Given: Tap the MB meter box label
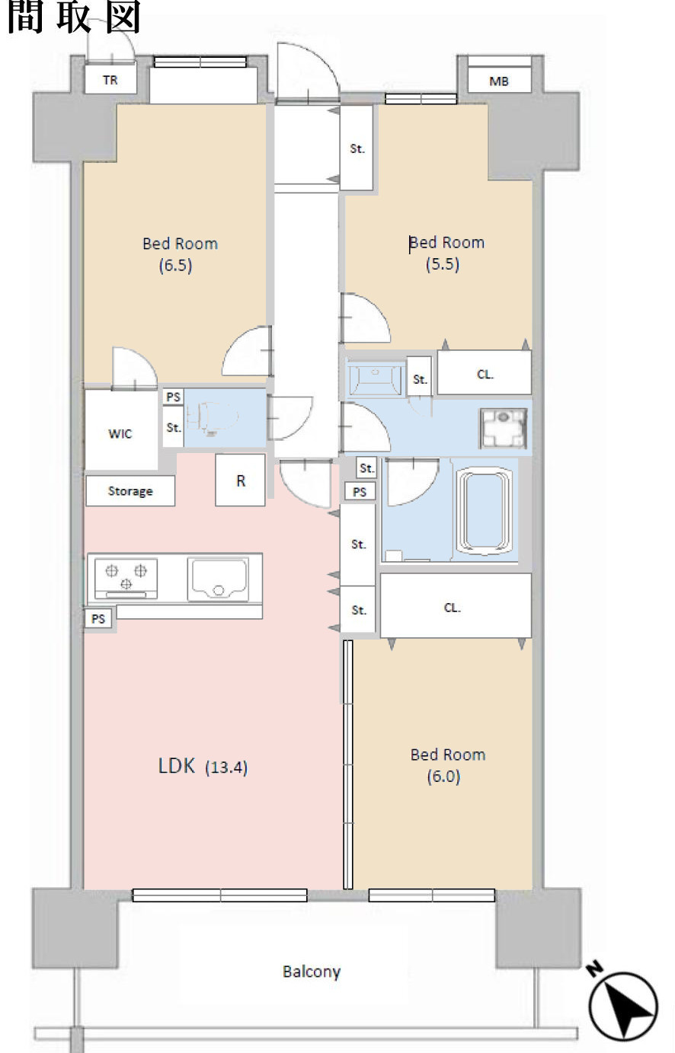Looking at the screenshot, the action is pyautogui.click(x=499, y=81).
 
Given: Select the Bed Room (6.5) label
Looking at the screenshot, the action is pyautogui.click(x=179, y=254).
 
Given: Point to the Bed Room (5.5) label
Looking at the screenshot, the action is pyautogui.click(x=446, y=253).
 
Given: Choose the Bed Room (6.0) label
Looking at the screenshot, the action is pyautogui.click(x=447, y=765).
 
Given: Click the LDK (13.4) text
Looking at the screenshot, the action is pyautogui.click(x=203, y=766).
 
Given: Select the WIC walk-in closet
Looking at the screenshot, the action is pyautogui.click(x=121, y=429).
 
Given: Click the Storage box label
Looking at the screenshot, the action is pyautogui.click(x=130, y=491).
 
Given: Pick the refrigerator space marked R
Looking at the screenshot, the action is pyautogui.click(x=241, y=480).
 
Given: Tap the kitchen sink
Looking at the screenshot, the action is pyautogui.click(x=218, y=579).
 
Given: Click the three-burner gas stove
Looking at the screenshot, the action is pyautogui.click(x=126, y=578).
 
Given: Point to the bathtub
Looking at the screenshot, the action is pyautogui.click(x=484, y=511).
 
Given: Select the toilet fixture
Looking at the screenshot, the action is pyautogui.click(x=212, y=416).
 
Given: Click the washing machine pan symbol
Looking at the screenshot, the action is pyautogui.click(x=503, y=428).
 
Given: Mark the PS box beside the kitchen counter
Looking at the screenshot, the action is pyautogui.click(x=98, y=619).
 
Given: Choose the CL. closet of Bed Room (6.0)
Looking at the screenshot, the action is pyautogui.click(x=456, y=605).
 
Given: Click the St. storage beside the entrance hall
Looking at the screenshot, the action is pyautogui.click(x=357, y=148).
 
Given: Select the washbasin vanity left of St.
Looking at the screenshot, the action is pyautogui.click(x=375, y=377).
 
